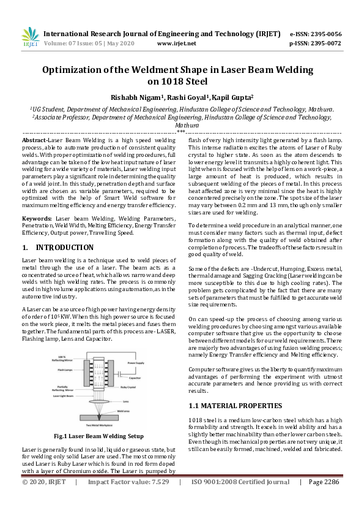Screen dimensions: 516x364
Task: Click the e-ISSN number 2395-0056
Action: pyautogui.click(x=324, y=34)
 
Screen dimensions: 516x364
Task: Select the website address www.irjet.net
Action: pyautogui.click(x=177, y=44)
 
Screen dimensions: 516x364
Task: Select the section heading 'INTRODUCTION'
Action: pyautogui.click(x=65, y=248)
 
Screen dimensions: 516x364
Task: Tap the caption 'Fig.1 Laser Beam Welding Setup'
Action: pyautogui.click(x=98, y=436)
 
